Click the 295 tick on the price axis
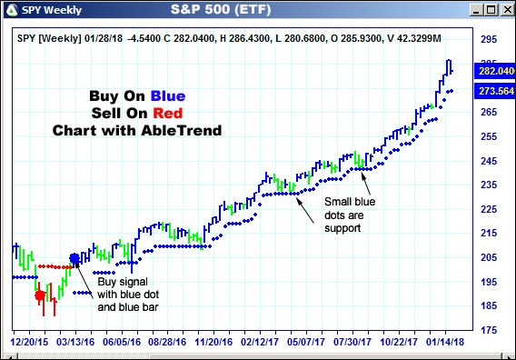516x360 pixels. click(x=489, y=40)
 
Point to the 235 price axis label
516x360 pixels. click(x=489, y=185)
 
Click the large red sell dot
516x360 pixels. click(x=39, y=295)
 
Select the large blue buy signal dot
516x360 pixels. click(x=74, y=258)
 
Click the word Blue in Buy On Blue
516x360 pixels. click(x=169, y=95)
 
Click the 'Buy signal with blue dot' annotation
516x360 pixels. click(x=120, y=295)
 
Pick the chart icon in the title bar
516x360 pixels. click(x=11, y=10)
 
